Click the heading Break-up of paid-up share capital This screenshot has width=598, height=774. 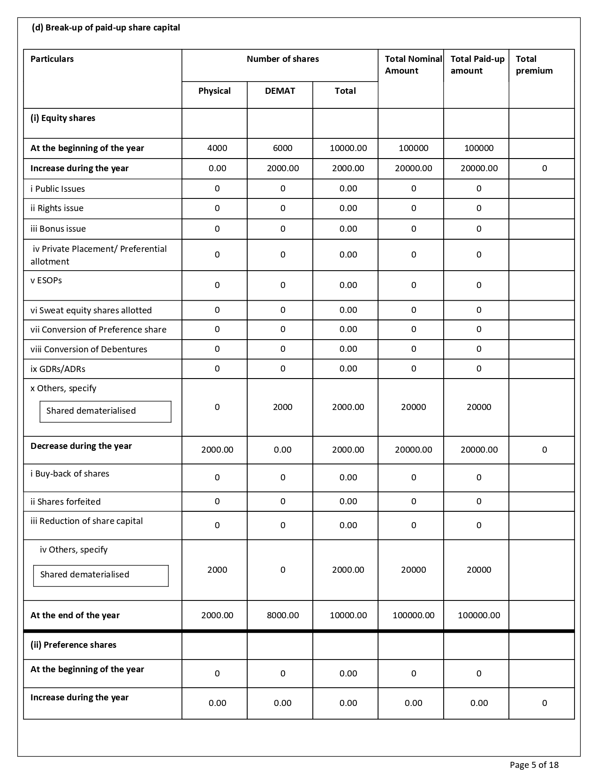(106, 28)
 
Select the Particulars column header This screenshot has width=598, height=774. (52, 59)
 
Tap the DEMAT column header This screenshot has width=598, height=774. (280, 91)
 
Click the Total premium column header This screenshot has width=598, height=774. (534, 65)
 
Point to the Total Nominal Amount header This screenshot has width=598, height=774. (413, 65)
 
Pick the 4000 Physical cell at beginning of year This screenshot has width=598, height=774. (217, 148)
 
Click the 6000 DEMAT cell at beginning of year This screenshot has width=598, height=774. (282, 148)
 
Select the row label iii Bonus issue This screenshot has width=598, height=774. (58, 229)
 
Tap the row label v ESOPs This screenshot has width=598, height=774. (46, 281)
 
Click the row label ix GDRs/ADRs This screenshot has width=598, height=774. (58, 369)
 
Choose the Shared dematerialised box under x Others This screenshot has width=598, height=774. (106, 411)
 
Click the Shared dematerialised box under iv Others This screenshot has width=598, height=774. (101, 575)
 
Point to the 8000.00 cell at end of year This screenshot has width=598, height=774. (282, 615)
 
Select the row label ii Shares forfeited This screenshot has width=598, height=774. (66, 502)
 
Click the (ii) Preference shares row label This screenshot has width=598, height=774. (73, 645)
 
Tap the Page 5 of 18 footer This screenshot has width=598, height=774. (534, 765)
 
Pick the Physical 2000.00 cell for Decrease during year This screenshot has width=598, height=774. (217, 450)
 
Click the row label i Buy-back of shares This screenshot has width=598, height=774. (70, 474)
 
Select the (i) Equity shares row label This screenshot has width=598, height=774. (63, 118)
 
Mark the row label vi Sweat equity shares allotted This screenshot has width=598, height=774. (91, 311)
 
